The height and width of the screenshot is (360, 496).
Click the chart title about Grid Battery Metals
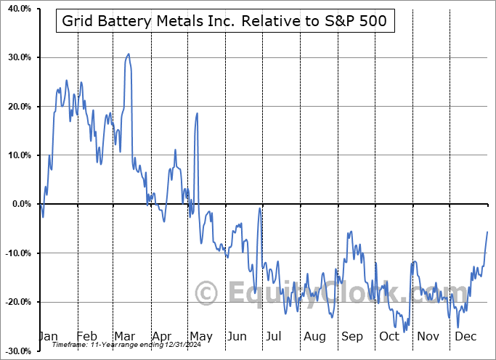[x=226, y=22]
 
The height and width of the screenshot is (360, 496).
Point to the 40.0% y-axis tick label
[x=16, y=9]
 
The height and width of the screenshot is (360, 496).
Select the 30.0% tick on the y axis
[x=16, y=57]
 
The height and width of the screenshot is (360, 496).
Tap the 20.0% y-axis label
[x=16, y=107]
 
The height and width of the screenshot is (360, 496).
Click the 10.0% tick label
[x=16, y=155]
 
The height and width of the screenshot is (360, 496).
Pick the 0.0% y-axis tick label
[x=18, y=204]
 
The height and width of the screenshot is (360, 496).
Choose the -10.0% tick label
[x=15, y=253]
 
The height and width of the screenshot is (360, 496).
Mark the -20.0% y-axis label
[x=15, y=302]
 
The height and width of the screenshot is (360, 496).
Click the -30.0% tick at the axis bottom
[x=15, y=351]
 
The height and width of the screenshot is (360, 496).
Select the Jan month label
[x=47, y=337]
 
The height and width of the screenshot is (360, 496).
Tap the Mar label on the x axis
[x=124, y=337]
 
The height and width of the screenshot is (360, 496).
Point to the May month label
[x=200, y=337]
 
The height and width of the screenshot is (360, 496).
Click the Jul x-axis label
[x=275, y=337]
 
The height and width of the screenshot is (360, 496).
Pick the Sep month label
[x=352, y=337]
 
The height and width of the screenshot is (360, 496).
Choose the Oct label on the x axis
[x=390, y=337]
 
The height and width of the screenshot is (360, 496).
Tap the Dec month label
[x=465, y=337]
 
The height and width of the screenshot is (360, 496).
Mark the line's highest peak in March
[x=129, y=54]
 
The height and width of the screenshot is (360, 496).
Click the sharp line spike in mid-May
[x=197, y=113]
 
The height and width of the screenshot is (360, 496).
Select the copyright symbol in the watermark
[x=206, y=294]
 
